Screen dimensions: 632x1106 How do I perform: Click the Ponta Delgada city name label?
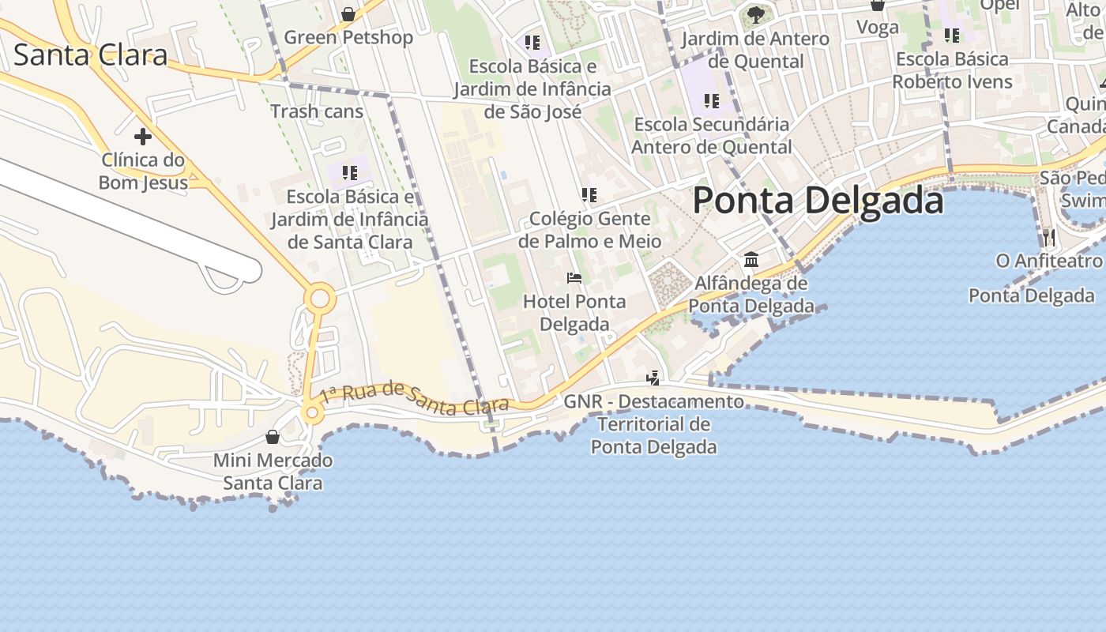pyautogui.click(x=818, y=201)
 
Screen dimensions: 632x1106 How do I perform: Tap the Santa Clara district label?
pyautogui.click(x=91, y=55)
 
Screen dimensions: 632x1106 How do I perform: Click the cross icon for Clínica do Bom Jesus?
pyautogui.click(x=142, y=137)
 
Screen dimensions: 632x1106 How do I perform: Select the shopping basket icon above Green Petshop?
pyautogui.click(x=348, y=14)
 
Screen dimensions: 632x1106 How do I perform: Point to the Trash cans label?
pyautogui.click(x=317, y=111)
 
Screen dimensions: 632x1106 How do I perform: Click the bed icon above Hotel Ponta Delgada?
pyautogui.click(x=574, y=278)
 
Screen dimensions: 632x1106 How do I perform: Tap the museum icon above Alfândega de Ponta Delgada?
pyautogui.click(x=750, y=260)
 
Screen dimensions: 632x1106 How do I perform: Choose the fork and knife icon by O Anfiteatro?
pyautogui.click(x=1048, y=236)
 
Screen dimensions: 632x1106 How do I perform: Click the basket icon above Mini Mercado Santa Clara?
pyautogui.click(x=273, y=437)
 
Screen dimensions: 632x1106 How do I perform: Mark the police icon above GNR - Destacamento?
pyautogui.click(x=653, y=378)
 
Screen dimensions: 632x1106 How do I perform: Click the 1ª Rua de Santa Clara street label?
pyautogui.click(x=415, y=398)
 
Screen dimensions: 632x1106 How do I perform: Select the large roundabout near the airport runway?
pyautogui.click(x=320, y=299)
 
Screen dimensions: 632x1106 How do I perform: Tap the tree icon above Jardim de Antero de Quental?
pyautogui.click(x=755, y=14)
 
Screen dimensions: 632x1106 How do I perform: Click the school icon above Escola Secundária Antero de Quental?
pyautogui.click(x=711, y=100)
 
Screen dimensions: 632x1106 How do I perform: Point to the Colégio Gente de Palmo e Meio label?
pyautogui.click(x=590, y=229)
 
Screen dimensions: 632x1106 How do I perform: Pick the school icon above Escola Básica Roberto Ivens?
pyautogui.click(x=952, y=36)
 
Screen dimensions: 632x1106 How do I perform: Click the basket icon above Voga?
pyautogui.click(x=877, y=6)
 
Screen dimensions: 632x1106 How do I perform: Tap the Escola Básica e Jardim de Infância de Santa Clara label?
pyautogui.click(x=350, y=219)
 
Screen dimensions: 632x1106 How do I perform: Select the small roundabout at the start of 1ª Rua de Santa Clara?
pyautogui.click(x=312, y=412)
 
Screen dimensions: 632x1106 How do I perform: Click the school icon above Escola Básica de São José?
pyautogui.click(x=532, y=42)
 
